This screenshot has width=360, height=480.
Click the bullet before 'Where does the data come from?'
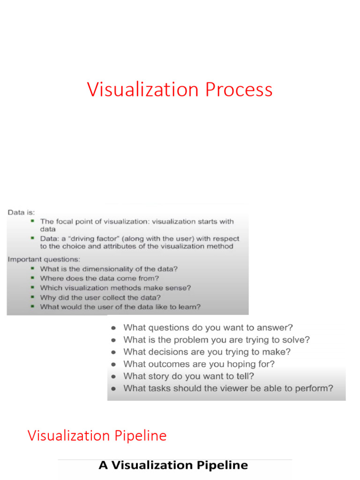32,278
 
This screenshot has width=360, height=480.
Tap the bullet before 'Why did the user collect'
32,297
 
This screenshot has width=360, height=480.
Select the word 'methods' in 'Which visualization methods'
130,288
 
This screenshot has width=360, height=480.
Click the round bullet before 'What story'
114,376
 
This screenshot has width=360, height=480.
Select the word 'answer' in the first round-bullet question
278,328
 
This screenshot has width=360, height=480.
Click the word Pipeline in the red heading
140,435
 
